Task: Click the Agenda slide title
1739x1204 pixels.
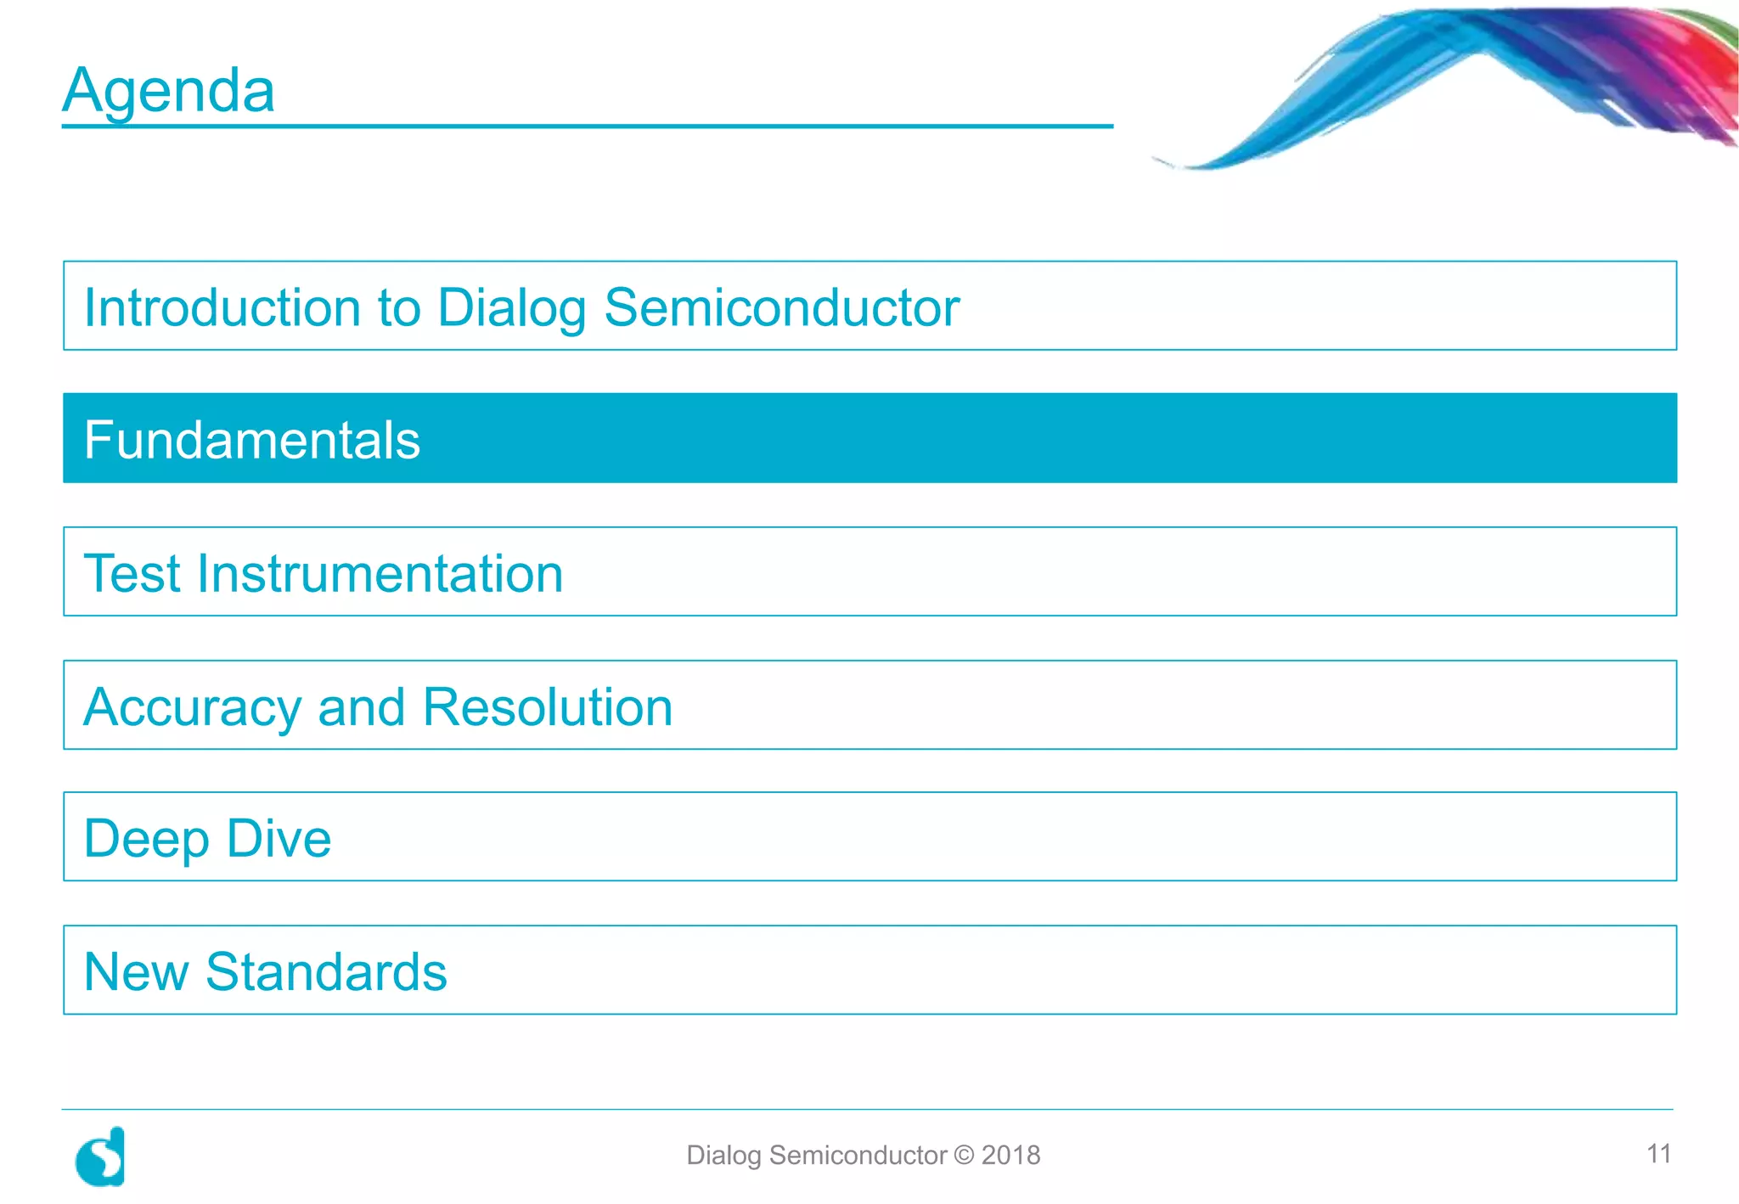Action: coord(168,90)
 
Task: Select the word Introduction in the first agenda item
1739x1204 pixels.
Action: coord(222,307)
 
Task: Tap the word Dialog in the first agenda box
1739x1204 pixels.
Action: coord(511,307)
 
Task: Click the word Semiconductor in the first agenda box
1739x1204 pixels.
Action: coord(781,307)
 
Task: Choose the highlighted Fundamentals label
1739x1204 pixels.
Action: coord(252,440)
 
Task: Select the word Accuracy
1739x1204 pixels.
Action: coord(192,707)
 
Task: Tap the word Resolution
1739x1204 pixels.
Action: coord(548,707)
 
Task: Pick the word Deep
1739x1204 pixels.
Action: coord(146,839)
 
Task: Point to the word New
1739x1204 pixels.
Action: coord(136,972)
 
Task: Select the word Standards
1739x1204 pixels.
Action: coord(326,972)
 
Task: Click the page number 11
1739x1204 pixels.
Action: coord(1658,1154)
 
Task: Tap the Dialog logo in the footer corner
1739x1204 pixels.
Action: coord(101,1156)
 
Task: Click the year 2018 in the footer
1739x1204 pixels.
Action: coord(1010,1156)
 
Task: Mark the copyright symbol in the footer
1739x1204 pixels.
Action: coord(964,1156)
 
